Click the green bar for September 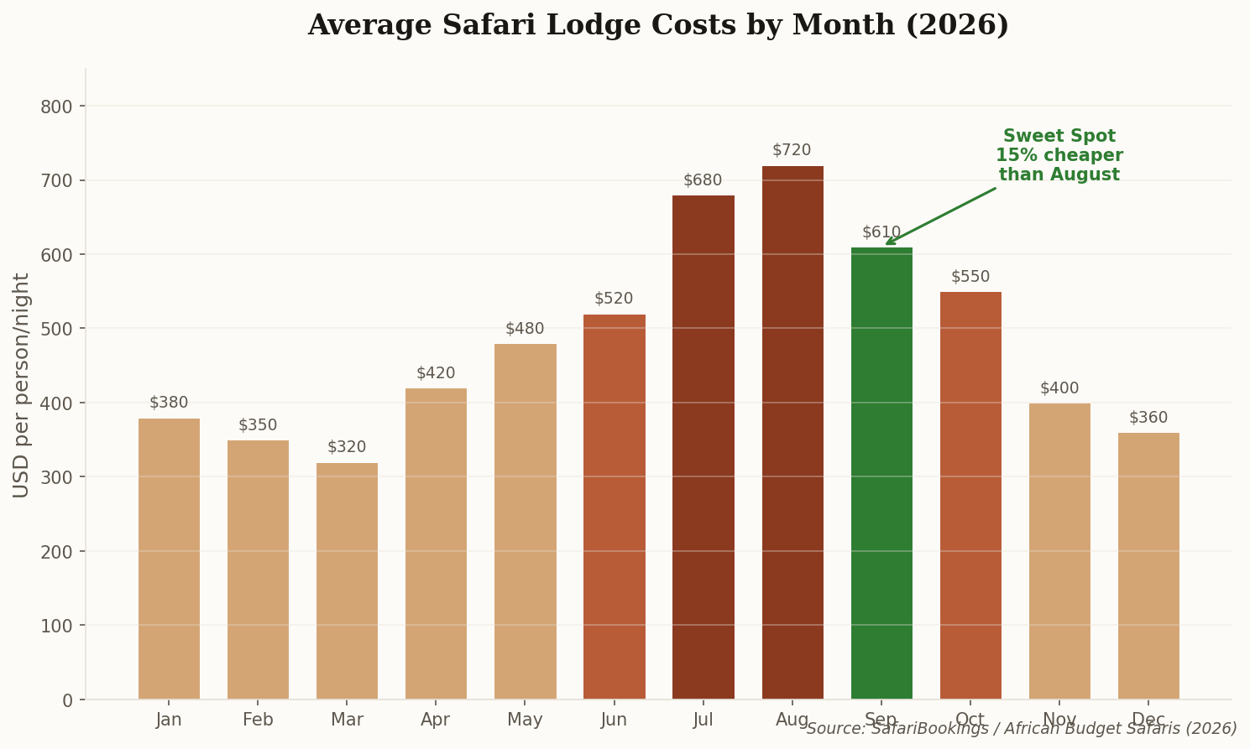coord(881,473)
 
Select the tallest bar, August coord(792,432)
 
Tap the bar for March coord(347,580)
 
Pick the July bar coord(703,447)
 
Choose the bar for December coord(1148,565)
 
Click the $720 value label coord(792,150)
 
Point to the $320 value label coord(347,447)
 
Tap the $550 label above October coord(970,277)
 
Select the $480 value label coord(525,329)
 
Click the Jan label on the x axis coord(169,720)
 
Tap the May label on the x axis coord(525,720)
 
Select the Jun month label coord(614,720)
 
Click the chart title coord(658,25)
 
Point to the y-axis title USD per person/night coord(22,384)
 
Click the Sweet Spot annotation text coord(1059,155)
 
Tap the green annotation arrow coord(940,216)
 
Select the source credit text coord(1022,729)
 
